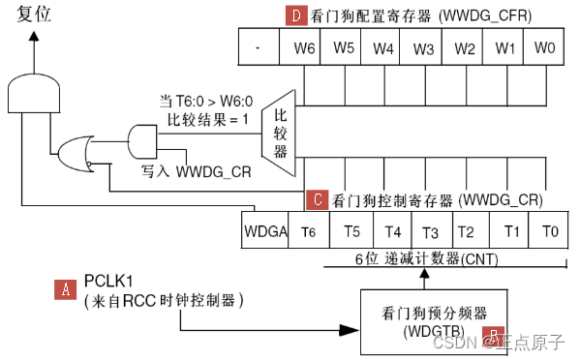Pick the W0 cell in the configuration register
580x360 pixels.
coord(544,47)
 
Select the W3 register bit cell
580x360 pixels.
coord(424,47)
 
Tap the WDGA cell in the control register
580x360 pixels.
coord(264,231)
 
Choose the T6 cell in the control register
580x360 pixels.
coord(308,231)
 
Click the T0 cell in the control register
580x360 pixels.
coord(549,231)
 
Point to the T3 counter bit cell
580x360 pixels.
coord(430,231)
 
